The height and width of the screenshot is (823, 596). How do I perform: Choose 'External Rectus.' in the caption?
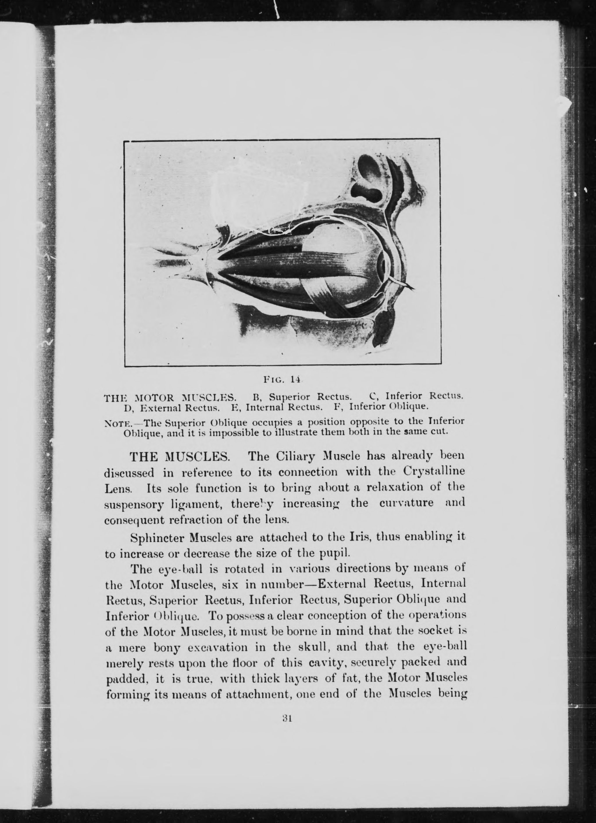[180, 407]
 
